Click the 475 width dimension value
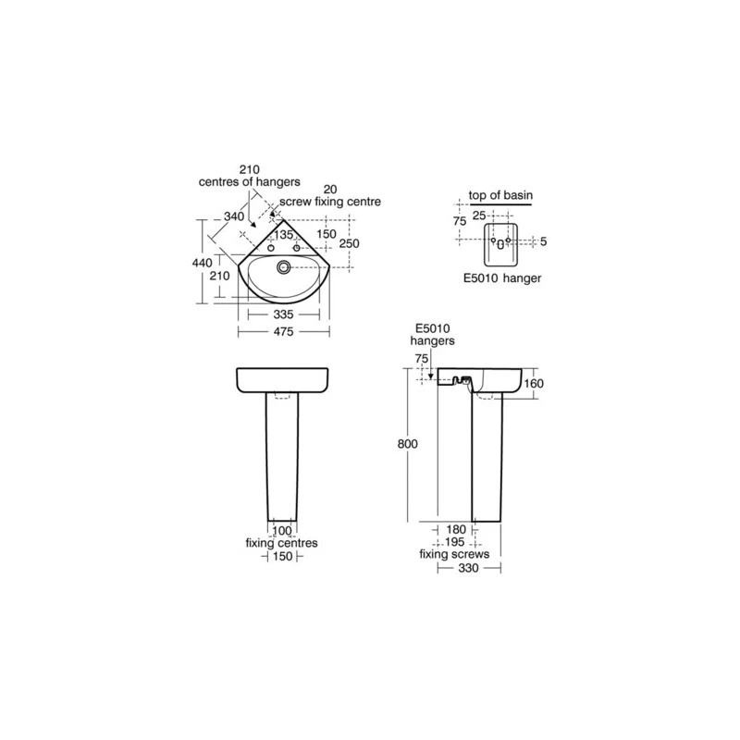pyautogui.click(x=283, y=332)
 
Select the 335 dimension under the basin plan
pyautogui.click(x=283, y=314)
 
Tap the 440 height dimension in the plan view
pyautogui.click(x=202, y=263)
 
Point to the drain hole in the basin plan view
pyautogui.click(x=284, y=267)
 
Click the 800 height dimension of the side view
pyautogui.click(x=407, y=444)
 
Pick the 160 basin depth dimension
pyautogui.click(x=534, y=383)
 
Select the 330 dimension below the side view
pyautogui.click(x=468, y=568)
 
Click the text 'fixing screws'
pyautogui.click(x=454, y=554)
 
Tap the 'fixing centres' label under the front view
pyautogui.click(x=282, y=543)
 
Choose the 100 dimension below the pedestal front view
pyautogui.click(x=282, y=531)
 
